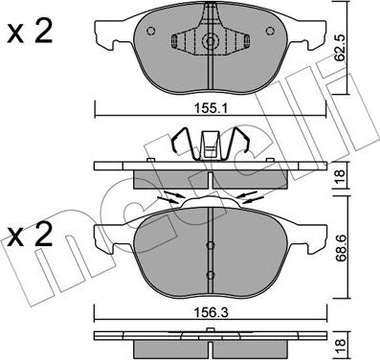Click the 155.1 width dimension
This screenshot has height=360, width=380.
click(210, 109)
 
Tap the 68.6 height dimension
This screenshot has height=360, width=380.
click(340, 248)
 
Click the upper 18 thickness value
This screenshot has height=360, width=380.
click(340, 174)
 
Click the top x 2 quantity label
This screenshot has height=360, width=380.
click(30, 33)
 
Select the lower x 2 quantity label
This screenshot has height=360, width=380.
click(30, 236)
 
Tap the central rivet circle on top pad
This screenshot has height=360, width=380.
click(211, 41)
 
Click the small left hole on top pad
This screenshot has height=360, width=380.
click(150, 31)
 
